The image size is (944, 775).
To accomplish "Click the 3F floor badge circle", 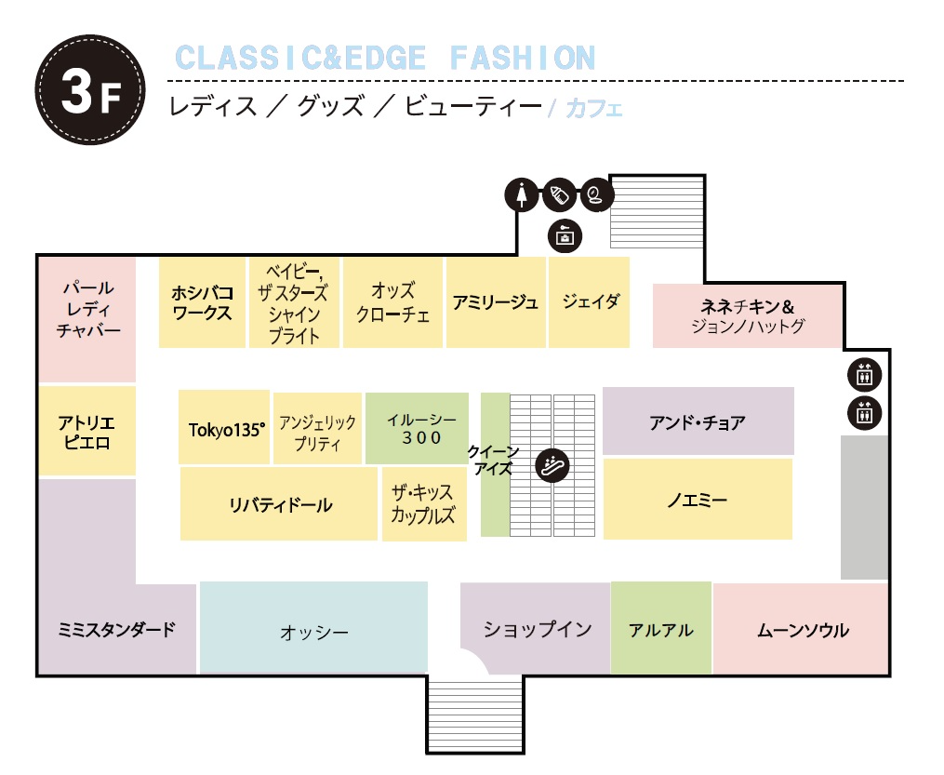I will (90, 89).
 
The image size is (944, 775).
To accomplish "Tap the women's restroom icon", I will (522, 195).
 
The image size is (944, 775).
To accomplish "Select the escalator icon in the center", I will (553, 464).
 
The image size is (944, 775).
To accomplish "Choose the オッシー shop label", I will (314, 633).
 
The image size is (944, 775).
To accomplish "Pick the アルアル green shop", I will (660, 630).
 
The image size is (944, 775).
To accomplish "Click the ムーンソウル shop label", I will (802, 630).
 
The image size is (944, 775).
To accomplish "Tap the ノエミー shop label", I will (698, 501).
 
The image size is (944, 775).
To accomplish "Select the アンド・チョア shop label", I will (698, 422).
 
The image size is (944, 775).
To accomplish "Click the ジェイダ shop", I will (590, 302).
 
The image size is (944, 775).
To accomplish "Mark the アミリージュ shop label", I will (496, 302).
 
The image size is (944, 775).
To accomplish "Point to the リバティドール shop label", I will (280, 505).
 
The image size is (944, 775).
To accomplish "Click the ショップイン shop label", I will (537, 629).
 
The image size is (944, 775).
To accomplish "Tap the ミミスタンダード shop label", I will (116, 630).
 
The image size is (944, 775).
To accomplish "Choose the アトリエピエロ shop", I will (86, 432).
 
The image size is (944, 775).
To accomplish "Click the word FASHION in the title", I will (522, 58).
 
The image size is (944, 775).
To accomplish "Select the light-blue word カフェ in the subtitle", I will (593, 108).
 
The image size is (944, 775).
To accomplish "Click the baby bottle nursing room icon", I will (558, 195).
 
